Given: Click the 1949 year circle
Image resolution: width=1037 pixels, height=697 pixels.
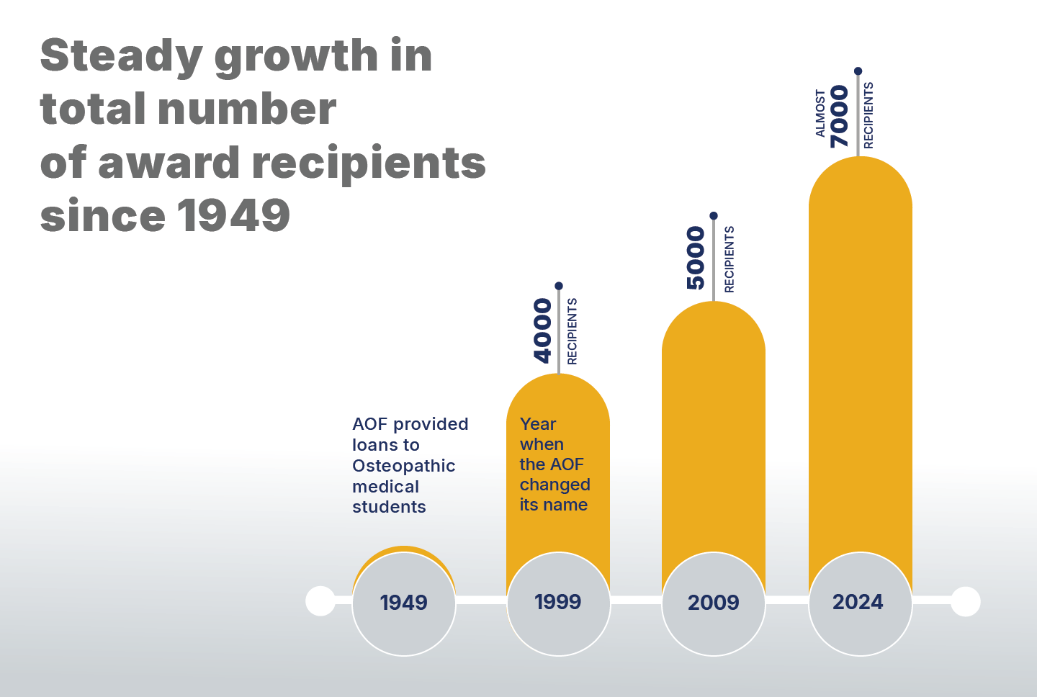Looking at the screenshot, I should point(404,603).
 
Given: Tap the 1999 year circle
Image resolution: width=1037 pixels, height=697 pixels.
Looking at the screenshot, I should point(559,603).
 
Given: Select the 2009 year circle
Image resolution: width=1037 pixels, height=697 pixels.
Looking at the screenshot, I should point(714,603).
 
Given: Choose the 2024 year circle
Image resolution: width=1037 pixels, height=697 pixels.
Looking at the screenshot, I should point(860,603).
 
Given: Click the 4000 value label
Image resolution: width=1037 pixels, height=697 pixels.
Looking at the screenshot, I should point(543,331).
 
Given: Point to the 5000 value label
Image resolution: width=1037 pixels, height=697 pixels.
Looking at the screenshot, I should point(696,258).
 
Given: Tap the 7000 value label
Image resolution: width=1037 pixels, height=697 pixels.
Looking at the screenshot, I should point(840,116).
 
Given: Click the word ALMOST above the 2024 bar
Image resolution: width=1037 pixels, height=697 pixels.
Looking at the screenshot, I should point(820,113).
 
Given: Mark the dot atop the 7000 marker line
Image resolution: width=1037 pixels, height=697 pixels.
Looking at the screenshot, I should point(858,71).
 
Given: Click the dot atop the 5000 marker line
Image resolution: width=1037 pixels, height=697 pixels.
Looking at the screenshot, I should point(714,216).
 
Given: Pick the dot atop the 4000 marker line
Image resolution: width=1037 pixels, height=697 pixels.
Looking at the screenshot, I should point(559,286).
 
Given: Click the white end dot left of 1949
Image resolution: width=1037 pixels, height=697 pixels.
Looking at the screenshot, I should point(320,601).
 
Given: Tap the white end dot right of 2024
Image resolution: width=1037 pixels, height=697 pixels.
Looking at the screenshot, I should point(965,601).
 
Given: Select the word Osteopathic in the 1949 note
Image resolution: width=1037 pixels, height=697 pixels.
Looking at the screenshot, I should point(403,466).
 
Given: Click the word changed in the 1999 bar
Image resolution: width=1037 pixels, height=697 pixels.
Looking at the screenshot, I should point(555,485).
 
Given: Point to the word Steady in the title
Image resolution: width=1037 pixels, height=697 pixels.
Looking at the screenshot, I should point(122,57).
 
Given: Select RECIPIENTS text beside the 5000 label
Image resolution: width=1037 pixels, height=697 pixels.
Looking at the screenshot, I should point(730,259).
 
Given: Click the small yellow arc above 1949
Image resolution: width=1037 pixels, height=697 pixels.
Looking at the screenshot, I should point(404,549).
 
